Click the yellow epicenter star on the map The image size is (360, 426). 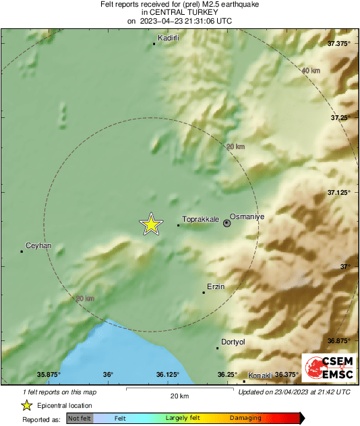151,224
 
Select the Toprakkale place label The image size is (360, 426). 200,220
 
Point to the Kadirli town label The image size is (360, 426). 168,38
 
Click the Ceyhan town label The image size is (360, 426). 38,245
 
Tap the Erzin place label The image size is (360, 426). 216,286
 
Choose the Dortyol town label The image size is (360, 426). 233,342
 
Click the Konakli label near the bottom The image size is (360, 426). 260,375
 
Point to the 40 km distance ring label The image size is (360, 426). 311,71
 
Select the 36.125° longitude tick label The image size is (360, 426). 167,375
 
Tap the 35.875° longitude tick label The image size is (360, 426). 49,375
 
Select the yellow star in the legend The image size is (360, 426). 26,405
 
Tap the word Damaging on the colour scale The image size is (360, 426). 245,419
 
